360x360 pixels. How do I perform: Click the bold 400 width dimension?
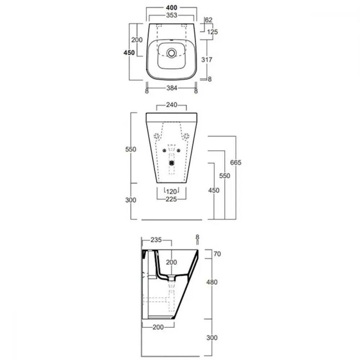click(171, 8)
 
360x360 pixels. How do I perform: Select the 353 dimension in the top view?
click(171, 15)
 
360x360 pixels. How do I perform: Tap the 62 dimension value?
click(208, 20)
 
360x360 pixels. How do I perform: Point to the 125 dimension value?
click(212, 32)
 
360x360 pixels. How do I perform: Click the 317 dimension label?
click(207, 60)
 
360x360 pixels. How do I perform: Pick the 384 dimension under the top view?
click(172, 88)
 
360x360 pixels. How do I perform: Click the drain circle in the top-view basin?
click(171, 53)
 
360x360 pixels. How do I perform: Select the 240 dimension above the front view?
click(171, 105)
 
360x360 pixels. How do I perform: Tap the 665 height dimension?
click(235, 163)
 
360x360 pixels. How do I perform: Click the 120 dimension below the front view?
click(171, 192)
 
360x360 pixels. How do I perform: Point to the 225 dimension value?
click(171, 199)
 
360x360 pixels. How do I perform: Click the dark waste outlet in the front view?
click(171, 163)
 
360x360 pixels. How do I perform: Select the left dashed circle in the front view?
click(157, 136)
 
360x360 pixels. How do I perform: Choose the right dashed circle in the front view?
click(186, 136)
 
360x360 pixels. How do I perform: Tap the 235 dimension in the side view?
click(156, 240)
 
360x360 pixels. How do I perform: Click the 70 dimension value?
click(217, 254)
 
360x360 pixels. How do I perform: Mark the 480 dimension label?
click(212, 282)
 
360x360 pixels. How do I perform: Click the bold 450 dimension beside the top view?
click(129, 53)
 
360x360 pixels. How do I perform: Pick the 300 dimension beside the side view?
click(212, 338)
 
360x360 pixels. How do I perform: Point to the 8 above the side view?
click(197, 237)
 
